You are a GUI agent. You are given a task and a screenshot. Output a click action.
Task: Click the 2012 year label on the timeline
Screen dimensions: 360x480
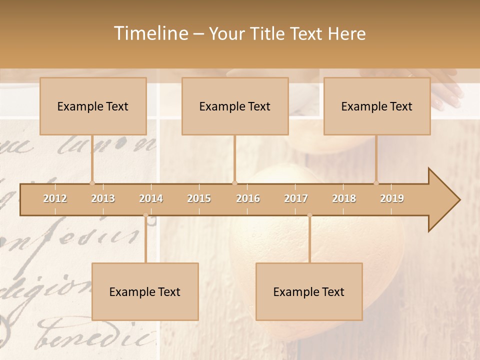(55, 198)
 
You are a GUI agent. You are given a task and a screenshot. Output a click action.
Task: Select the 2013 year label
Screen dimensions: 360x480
(103, 198)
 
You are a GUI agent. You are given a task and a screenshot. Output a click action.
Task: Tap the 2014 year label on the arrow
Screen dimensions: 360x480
(151, 198)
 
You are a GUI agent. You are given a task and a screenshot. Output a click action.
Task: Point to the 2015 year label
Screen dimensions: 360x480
(199, 198)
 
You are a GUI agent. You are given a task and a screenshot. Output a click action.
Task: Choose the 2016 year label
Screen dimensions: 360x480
(248, 198)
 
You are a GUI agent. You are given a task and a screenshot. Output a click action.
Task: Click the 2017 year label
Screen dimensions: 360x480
(296, 198)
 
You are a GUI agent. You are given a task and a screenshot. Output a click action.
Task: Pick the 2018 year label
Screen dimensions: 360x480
(344, 198)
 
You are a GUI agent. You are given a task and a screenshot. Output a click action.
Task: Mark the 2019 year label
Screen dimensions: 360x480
(392, 198)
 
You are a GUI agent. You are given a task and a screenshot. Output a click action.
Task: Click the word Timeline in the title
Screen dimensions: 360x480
(150, 33)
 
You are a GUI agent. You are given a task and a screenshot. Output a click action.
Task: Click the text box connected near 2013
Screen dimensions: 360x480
(93, 106)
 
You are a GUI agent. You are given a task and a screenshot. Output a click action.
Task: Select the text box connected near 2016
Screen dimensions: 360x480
(235, 106)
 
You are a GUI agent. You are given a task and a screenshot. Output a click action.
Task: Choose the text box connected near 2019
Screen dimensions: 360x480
(377, 106)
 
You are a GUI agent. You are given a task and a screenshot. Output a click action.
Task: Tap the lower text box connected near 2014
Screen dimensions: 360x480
(145, 291)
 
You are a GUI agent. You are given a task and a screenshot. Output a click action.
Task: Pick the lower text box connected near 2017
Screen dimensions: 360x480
(309, 291)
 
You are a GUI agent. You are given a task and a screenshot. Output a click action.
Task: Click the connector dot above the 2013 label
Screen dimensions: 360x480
(92, 183)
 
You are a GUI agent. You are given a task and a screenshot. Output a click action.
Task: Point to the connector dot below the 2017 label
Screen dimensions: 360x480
(309, 215)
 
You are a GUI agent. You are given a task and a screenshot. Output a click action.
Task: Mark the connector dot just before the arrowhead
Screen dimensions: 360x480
(376, 183)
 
